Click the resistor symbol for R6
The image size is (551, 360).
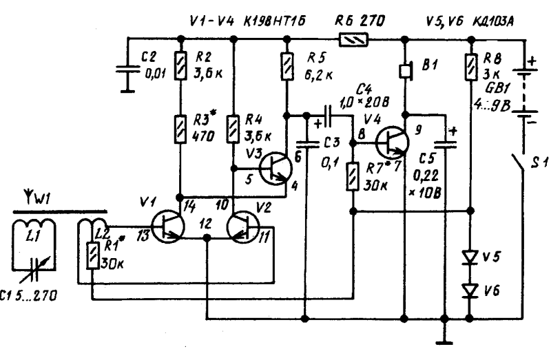click(x=353, y=39)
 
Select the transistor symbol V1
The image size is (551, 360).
click(x=168, y=226)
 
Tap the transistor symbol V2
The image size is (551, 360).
click(x=243, y=226)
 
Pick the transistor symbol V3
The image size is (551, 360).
click(x=275, y=168)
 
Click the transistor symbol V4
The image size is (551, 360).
click(x=392, y=142)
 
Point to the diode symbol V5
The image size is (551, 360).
click(x=470, y=257)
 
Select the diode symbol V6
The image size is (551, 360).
click(x=470, y=290)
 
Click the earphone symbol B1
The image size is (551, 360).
click(x=406, y=71)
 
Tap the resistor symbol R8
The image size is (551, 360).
click(x=471, y=67)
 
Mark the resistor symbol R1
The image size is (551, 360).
click(x=92, y=255)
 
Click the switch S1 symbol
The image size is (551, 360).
click(x=519, y=162)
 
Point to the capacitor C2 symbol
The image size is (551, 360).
click(x=128, y=70)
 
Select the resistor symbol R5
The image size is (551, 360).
click(x=288, y=66)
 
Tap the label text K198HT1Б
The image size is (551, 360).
click(x=275, y=21)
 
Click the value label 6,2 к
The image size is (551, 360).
click(x=318, y=76)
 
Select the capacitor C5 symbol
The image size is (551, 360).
click(x=445, y=145)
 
